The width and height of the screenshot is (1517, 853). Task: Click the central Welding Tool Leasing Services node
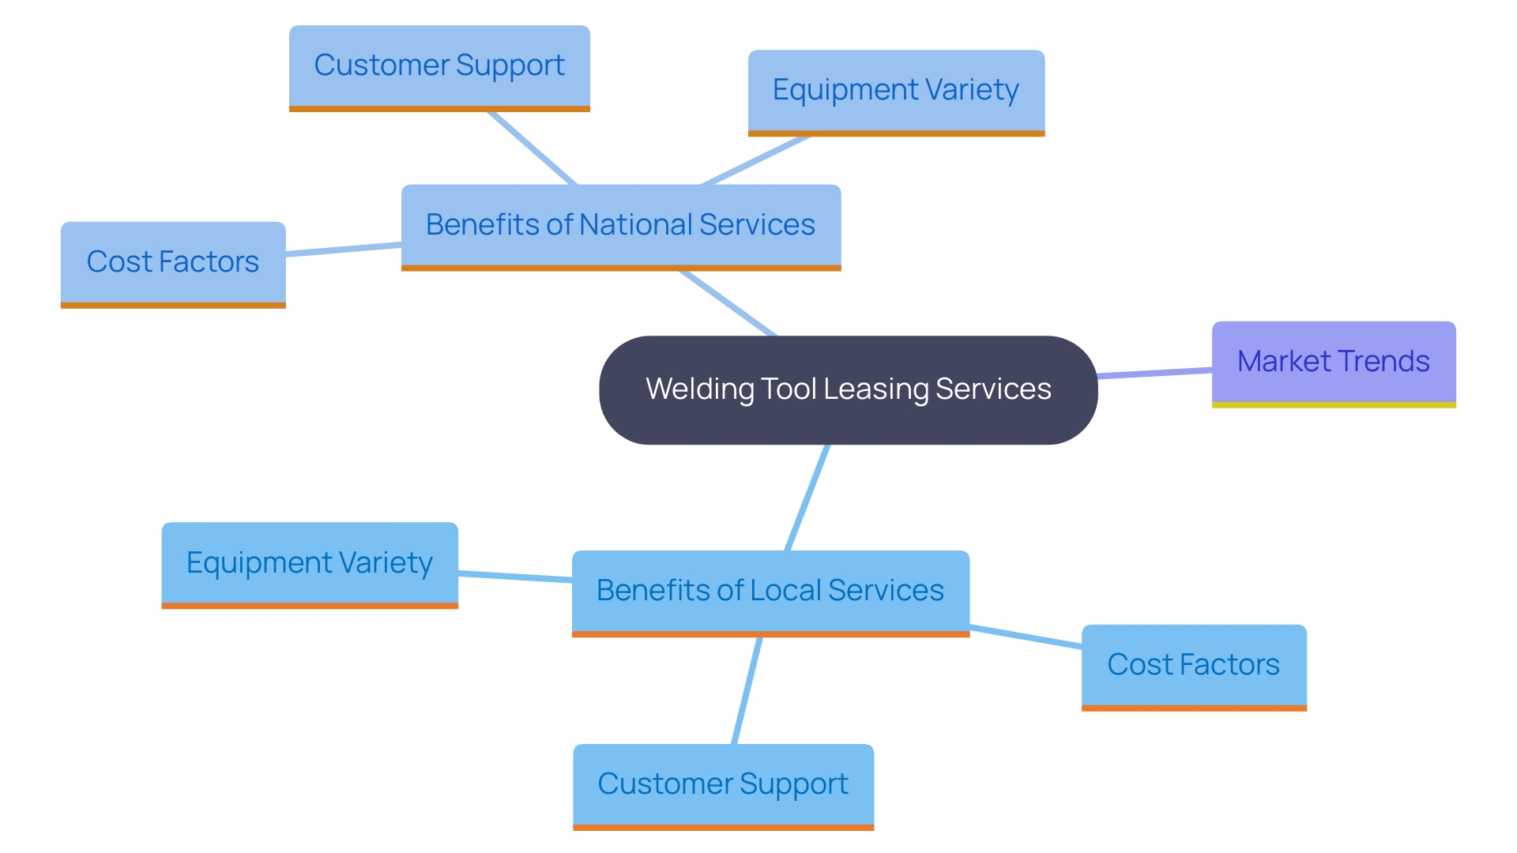tap(848, 390)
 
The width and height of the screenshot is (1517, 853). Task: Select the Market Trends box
tap(1334, 363)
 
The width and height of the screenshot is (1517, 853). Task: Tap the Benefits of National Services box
tap(620, 226)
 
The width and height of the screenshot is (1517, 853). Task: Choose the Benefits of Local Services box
tap(770, 591)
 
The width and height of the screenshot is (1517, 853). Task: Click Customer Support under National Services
tap(439, 66)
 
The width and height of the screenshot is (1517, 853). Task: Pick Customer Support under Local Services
tap(723, 784)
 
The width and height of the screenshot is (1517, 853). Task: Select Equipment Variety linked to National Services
tap(896, 91)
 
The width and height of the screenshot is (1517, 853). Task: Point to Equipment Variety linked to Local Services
tap(310, 563)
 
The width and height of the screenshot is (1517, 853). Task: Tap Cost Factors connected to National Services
tap(173, 262)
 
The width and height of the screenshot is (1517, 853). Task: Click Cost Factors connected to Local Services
tap(1194, 665)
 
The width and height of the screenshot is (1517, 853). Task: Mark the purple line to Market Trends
tap(1155, 373)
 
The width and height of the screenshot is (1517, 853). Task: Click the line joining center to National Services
tap(728, 303)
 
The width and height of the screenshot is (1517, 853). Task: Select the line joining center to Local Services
tap(807, 498)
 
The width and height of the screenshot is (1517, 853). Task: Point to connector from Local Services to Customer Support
tap(747, 690)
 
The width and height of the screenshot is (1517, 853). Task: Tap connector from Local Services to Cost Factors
tap(1026, 637)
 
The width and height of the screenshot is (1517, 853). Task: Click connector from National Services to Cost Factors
tap(344, 249)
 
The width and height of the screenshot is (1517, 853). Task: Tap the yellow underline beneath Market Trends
tap(1334, 405)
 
